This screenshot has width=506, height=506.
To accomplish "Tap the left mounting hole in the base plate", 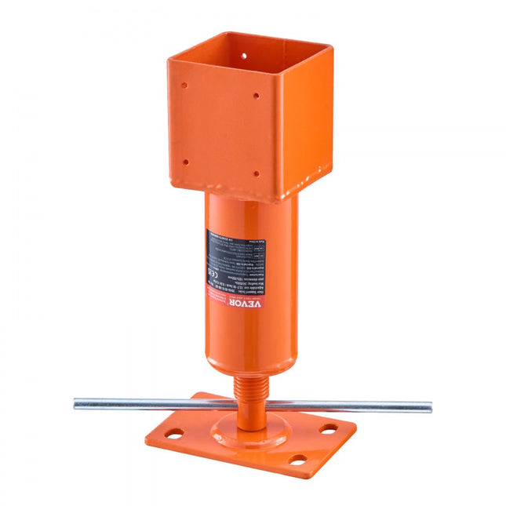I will click(173, 433).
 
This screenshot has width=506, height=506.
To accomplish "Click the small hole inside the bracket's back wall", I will click(243, 56).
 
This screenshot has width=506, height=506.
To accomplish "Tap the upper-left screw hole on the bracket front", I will click(184, 86).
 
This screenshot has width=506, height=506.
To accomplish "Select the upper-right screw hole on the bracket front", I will click(256, 96).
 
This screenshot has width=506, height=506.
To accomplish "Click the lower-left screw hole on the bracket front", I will click(185, 162).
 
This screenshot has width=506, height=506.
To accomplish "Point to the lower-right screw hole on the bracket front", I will click(255, 174).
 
